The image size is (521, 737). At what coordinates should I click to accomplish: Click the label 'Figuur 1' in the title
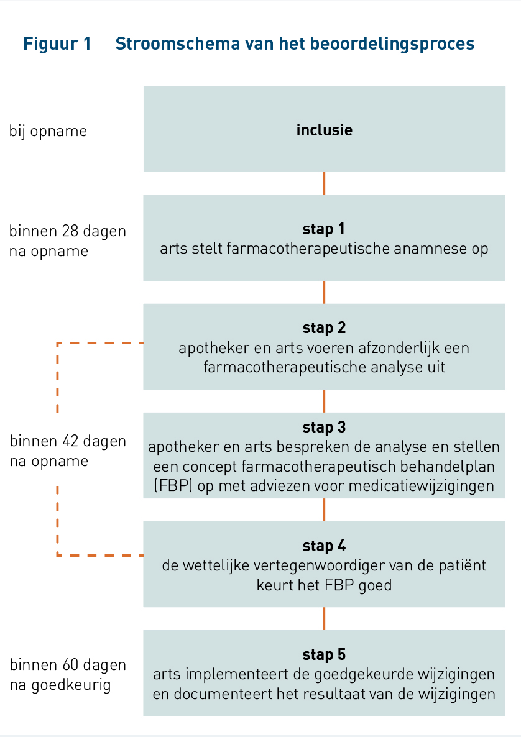click(57, 43)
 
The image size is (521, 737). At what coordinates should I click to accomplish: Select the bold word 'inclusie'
click(324, 130)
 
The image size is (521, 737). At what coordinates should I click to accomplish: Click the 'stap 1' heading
click(324, 229)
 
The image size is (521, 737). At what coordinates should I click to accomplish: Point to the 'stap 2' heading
click(324, 327)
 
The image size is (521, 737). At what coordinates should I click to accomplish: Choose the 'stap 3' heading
click(324, 427)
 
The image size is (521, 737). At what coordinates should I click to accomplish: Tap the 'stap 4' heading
click(324, 546)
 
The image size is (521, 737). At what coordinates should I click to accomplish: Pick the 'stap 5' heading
click(324, 654)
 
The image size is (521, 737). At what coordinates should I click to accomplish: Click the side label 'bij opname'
click(48, 131)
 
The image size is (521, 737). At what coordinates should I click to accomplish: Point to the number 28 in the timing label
click(72, 231)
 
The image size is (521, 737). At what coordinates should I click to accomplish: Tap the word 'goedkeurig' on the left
click(71, 685)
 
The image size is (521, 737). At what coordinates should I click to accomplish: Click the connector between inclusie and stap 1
click(324, 183)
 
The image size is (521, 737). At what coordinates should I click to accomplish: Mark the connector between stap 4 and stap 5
click(324, 618)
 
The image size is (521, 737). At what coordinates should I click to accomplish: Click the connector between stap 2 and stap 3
click(324, 401)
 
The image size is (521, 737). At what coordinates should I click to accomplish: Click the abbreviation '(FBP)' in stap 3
click(173, 485)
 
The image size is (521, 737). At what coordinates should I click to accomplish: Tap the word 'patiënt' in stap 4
click(462, 565)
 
